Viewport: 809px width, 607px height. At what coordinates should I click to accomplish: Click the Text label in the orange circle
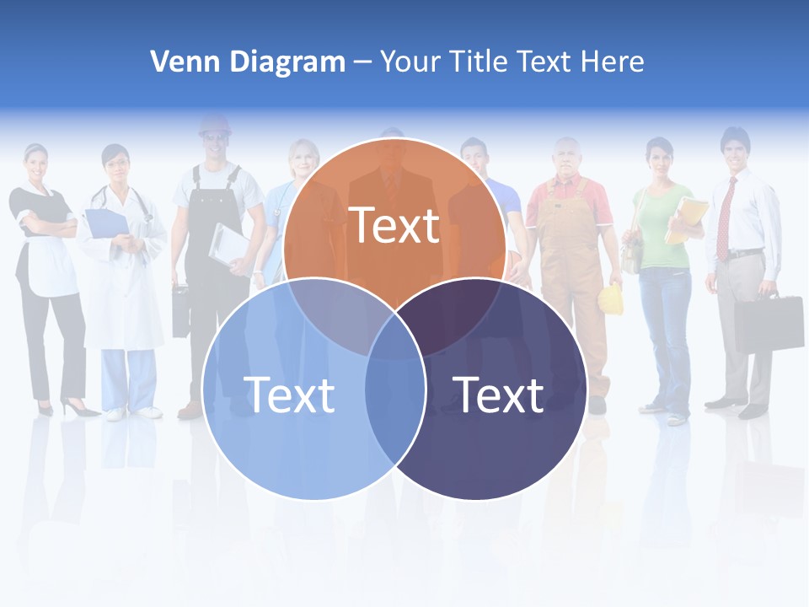(394, 225)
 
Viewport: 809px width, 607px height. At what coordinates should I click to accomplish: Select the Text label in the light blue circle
(289, 394)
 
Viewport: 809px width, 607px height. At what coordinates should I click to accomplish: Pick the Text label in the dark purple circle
(498, 394)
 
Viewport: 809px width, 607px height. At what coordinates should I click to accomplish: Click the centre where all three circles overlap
(394, 333)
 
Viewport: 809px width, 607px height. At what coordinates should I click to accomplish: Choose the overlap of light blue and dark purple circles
(394, 396)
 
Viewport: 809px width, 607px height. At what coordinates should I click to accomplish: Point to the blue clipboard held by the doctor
(106, 223)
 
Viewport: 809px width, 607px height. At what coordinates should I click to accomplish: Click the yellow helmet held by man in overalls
(611, 299)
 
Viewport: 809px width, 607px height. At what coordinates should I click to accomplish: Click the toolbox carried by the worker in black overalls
(181, 312)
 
